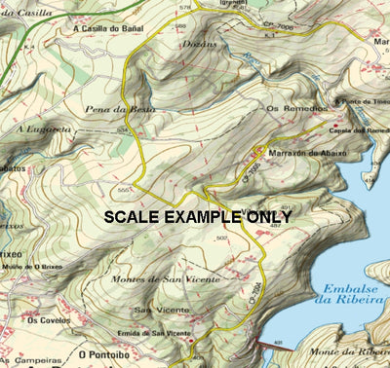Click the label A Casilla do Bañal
click(107, 28)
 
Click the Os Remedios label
click(290, 109)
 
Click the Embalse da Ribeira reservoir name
click(348, 296)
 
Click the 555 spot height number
click(123, 189)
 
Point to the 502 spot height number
click(221, 238)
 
